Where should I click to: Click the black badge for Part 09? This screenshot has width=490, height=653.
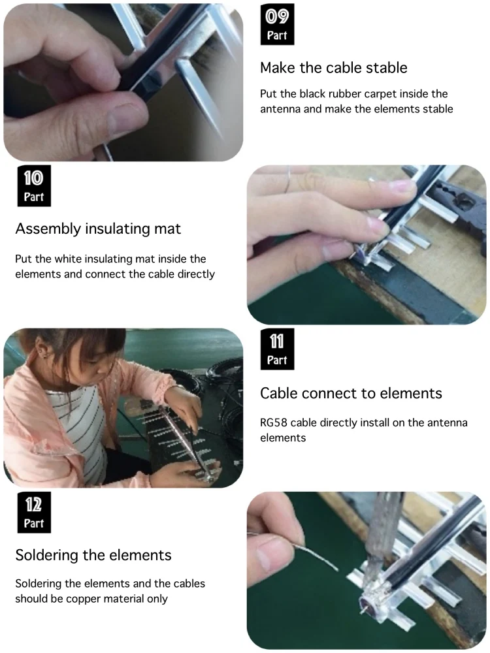point(277,24)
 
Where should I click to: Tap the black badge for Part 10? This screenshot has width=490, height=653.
point(34,185)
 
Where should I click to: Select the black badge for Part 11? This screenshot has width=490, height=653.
point(277,349)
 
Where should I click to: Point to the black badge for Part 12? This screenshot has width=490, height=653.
point(34,512)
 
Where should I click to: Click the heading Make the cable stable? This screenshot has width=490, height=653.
point(334,67)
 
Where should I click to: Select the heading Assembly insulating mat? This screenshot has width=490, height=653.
point(99,229)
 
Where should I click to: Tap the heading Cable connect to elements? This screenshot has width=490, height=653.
point(351,393)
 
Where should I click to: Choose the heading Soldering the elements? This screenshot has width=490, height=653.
point(93,556)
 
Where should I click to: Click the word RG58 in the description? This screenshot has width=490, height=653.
point(274,422)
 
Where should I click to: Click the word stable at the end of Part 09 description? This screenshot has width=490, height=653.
point(438,109)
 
